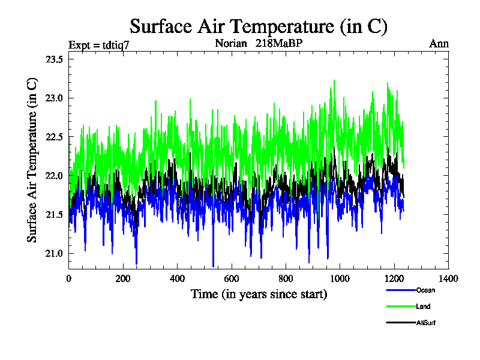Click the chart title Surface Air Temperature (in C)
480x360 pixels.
pyautogui.click(x=259, y=26)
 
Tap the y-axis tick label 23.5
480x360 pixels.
pyautogui.click(x=55, y=59)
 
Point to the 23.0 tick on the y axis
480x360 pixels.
pyautogui.click(x=55, y=98)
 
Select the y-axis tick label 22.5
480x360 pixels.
pyautogui.click(x=55, y=137)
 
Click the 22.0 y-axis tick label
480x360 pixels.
pyautogui.click(x=55, y=175)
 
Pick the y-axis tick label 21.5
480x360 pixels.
pyautogui.click(x=55, y=214)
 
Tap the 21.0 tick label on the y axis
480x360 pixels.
pyautogui.click(x=55, y=253)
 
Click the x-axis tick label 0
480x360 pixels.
pyautogui.click(x=68, y=278)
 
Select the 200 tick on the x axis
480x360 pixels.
pyautogui.click(x=123, y=278)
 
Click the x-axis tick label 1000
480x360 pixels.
pyautogui.click(x=340, y=278)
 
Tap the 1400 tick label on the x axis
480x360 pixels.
pyautogui.click(x=448, y=278)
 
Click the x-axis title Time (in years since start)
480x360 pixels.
pyautogui.click(x=259, y=294)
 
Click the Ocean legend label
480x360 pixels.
pyautogui.click(x=425, y=290)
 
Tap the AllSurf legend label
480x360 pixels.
pyautogui.click(x=427, y=323)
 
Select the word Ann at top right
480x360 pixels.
pyautogui.click(x=439, y=43)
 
